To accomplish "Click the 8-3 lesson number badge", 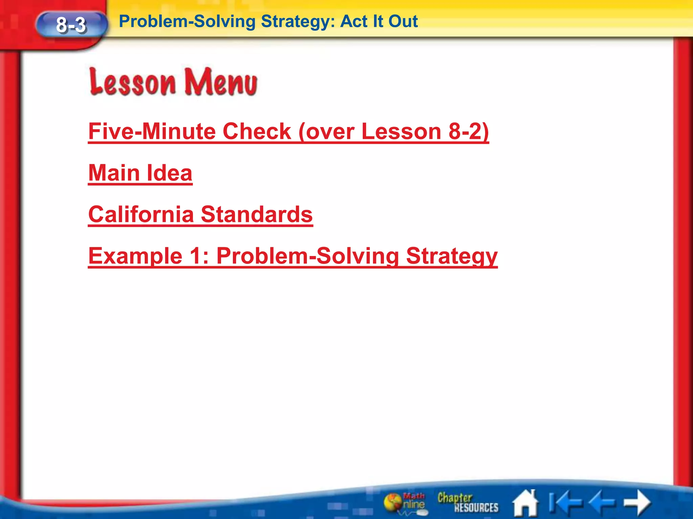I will coord(71,25).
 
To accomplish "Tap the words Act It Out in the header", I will coord(379,22).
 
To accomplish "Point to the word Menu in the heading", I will coord(220,82).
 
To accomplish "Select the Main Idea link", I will coord(140,173).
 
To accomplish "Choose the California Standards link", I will coord(200,215).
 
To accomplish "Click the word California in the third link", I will coord(141,215).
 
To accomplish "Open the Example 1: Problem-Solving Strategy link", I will coord(293,256).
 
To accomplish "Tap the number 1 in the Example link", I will coord(196,256).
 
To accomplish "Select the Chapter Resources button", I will coord(468,502).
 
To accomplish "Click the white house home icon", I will coord(526,503).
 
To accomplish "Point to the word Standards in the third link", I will coord(256,215).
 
